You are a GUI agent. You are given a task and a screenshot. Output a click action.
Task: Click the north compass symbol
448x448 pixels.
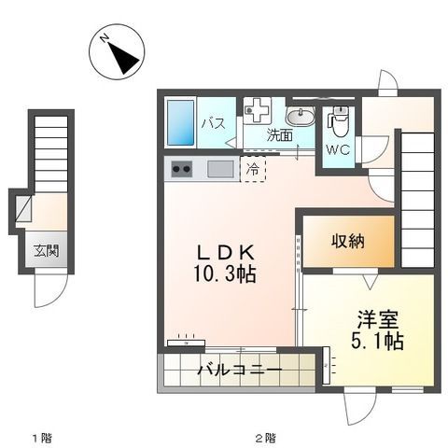117,52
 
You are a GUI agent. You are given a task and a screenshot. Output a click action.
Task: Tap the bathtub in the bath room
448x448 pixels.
181,122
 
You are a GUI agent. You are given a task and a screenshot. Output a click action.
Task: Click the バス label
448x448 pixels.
214,123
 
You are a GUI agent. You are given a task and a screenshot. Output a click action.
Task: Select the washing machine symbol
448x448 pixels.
257,109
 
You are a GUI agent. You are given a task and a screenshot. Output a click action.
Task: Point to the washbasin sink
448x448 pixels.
301,117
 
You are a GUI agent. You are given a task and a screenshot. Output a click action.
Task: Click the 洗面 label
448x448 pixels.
280,135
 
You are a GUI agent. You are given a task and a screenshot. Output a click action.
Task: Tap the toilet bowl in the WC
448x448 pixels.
338,121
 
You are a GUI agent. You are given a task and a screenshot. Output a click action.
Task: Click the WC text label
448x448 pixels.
338,150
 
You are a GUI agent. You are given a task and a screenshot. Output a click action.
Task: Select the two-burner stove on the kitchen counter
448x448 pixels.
181,169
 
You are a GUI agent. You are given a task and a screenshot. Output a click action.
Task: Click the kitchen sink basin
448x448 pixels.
220,169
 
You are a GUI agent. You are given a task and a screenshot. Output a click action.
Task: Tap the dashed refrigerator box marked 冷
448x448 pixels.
253,169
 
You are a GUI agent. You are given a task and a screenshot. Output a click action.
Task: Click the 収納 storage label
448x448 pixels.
348,241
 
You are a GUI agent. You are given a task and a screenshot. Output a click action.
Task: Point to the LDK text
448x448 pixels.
227,253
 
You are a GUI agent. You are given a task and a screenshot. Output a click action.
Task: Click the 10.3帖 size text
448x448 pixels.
225,273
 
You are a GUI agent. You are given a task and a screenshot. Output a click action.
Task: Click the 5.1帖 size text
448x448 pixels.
377,341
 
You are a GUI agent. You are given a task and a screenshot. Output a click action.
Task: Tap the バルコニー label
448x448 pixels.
240,371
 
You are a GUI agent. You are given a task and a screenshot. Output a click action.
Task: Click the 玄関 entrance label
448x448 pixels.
47,250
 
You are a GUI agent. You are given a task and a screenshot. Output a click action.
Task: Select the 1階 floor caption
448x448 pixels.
42,439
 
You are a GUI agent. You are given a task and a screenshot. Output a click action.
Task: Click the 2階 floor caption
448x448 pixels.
265,439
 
